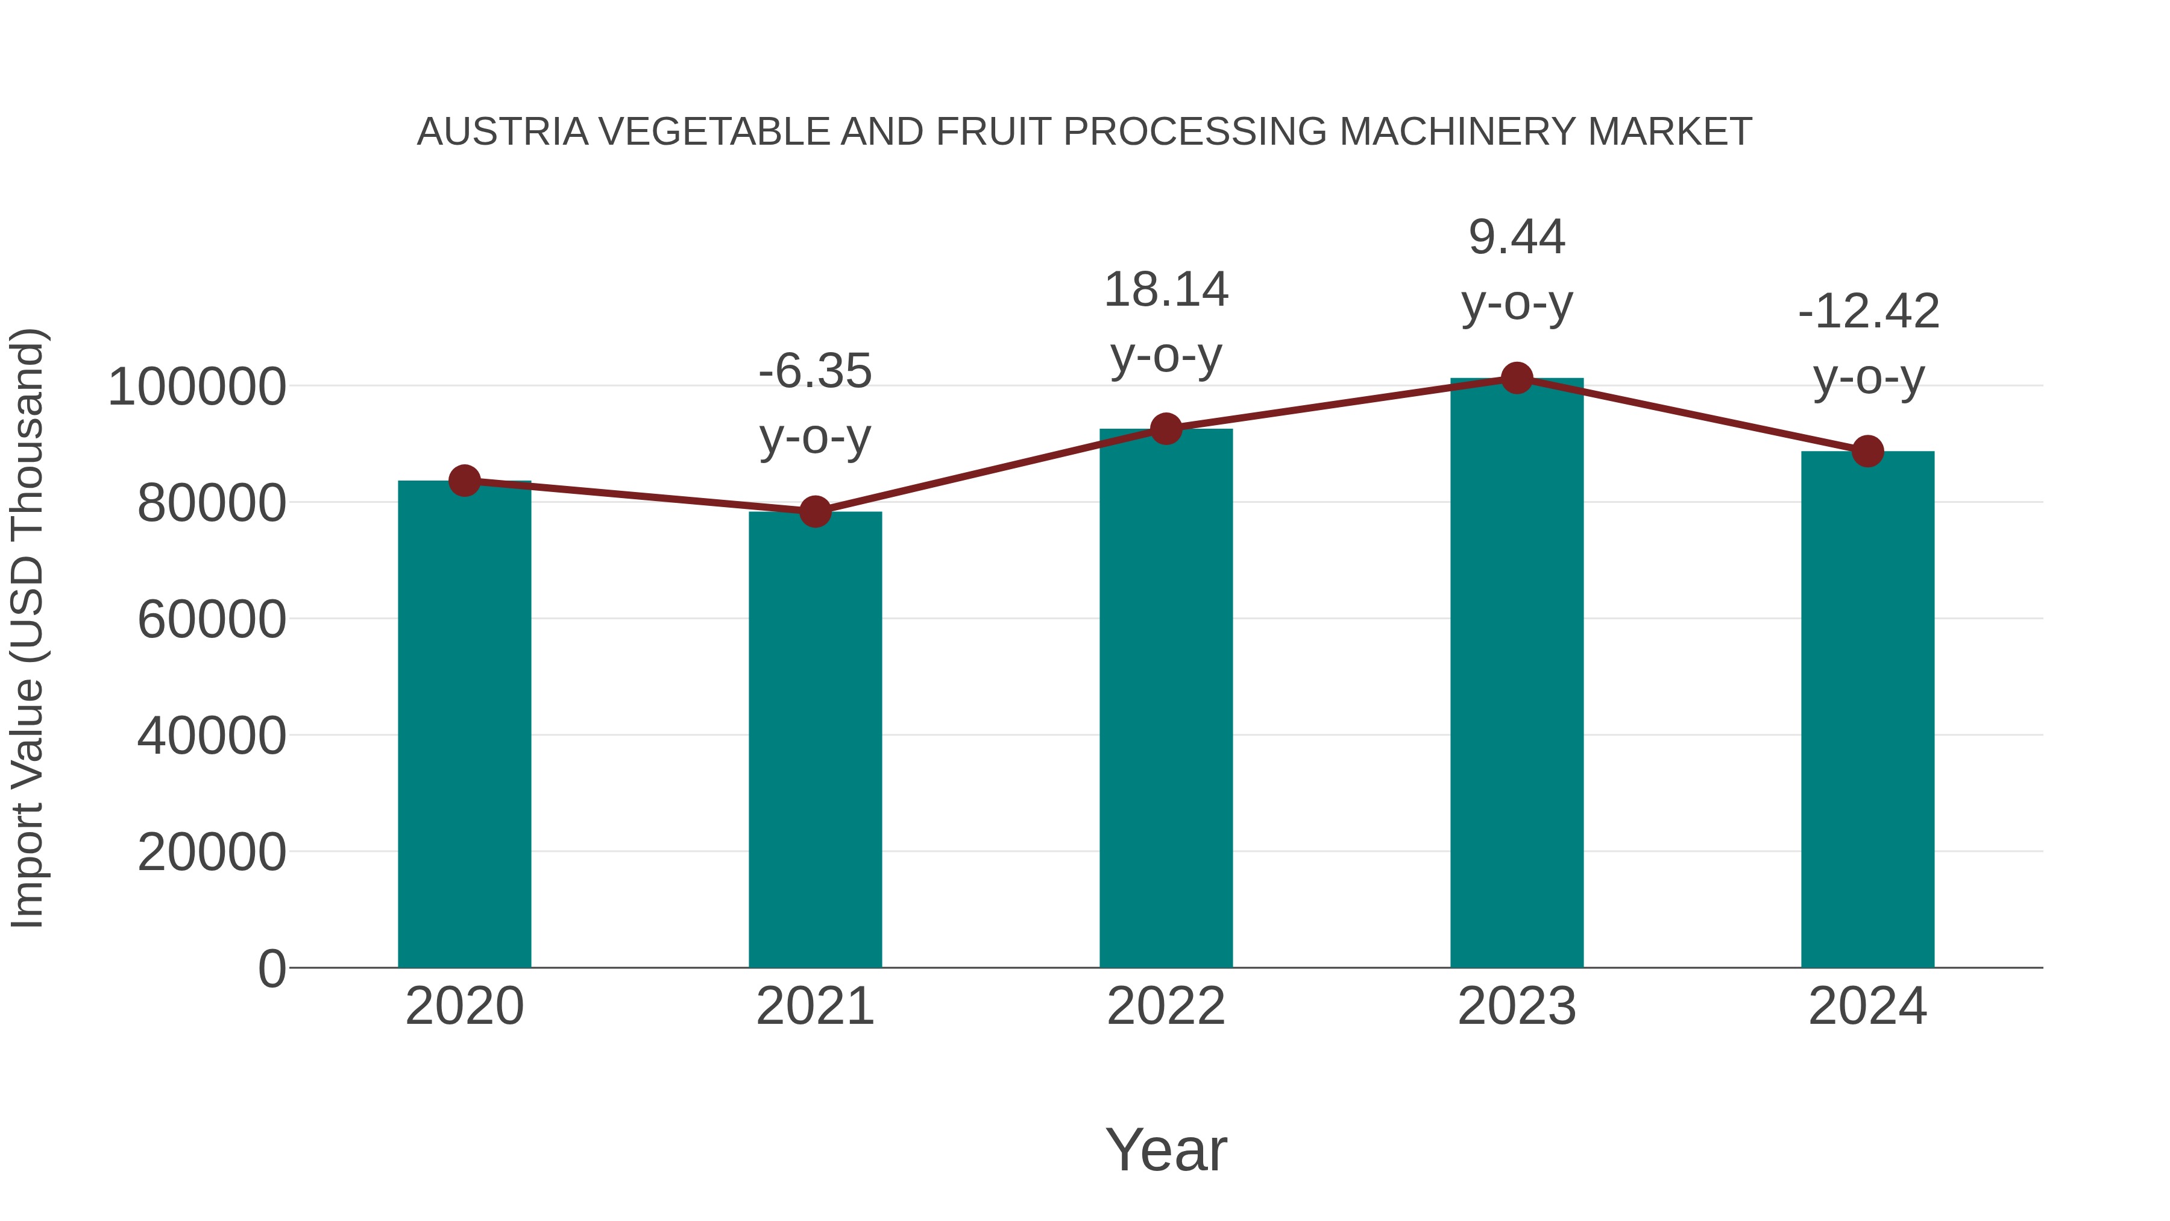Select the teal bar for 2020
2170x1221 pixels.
pyautogui.click(x=464, y=725)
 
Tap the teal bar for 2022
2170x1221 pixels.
pyautogui.click(x=1166, y=699)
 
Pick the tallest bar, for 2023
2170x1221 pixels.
pyautogui.click(x=1517, y=674)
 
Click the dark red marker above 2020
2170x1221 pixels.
pyautogui.click(x=464, y=481)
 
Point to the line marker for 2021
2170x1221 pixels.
pyautogui.click(x=814, y=511)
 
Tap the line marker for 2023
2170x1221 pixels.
pyautogui.click(x=1517, y=378)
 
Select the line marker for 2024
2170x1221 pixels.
pyautogui.click(x=1867, y=452)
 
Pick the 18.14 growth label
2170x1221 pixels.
pyautogui.click(x=1166, y=290)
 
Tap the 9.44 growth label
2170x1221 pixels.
pyautogui.click(x=1517, y=237)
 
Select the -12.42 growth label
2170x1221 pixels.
pyautogui.click(x=1867, y=312)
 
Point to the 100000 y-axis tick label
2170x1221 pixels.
pyautogui.click(x=197, y=388)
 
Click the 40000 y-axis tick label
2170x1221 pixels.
pyautogui.click(x=212, y=736)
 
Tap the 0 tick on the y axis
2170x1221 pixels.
pyautogui.click(x=271, y=969)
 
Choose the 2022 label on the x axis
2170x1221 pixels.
pyautogui.click(x=1166, y=1007)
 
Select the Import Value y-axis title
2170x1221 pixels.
pyautogui.click(x=28, y=629)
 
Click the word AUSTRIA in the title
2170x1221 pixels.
pyautogui.click(x=502, y=132)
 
